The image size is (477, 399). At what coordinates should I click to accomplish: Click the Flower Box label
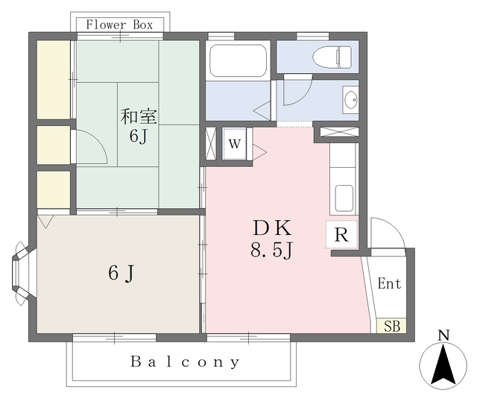(119, 25)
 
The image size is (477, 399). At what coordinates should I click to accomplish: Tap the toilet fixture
(332, 57)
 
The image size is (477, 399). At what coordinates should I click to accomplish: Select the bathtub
(238, 60)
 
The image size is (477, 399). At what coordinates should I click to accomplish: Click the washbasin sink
(351, 100)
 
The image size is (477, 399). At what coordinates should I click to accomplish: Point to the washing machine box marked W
(234, 144)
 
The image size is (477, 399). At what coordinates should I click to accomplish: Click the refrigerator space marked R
(341, 234)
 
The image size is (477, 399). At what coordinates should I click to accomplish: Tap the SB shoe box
(391, 326)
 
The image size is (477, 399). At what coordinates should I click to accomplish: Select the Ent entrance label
(389, 283)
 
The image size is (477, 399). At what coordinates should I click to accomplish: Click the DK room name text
(272, 228)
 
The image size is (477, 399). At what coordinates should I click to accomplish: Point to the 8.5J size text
(271, 251)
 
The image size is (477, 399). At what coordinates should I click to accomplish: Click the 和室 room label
(139, 116)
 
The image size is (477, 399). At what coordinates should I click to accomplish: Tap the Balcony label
(185, 362)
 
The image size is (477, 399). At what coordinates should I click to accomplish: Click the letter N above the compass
(444, 336)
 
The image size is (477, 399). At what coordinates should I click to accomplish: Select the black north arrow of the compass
(443, 365)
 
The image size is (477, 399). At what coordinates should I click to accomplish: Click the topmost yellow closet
(54, 80)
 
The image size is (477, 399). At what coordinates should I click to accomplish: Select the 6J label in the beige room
(121, 273)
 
